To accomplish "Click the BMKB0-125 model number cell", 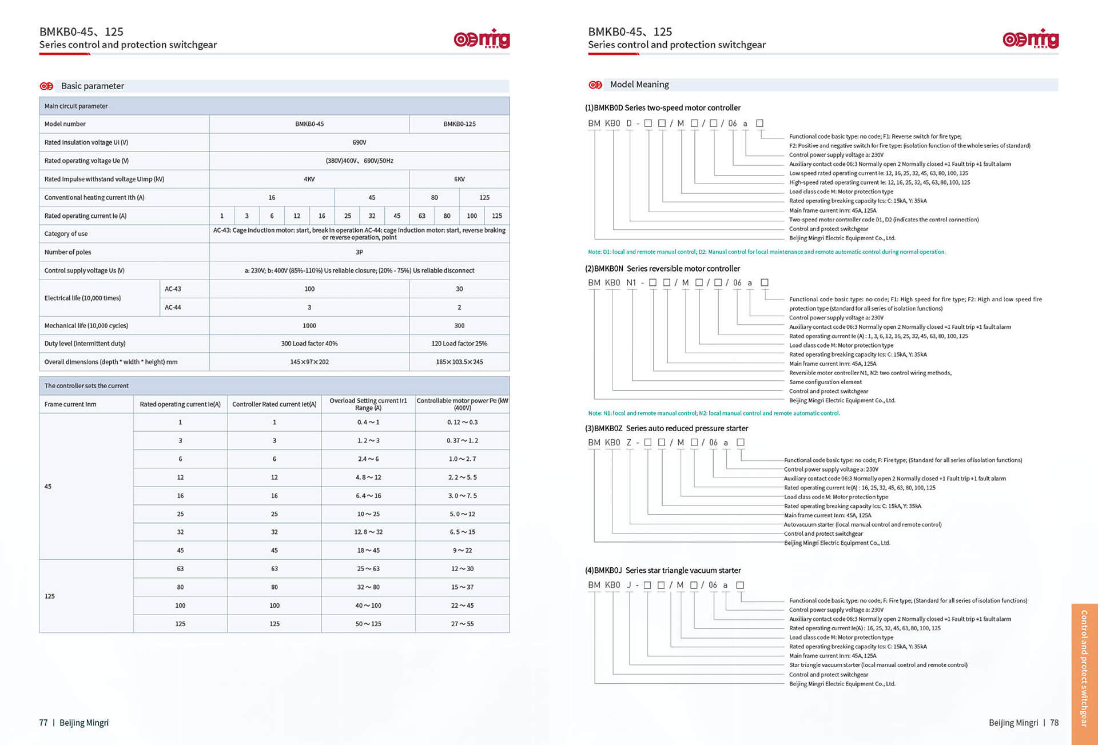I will pos(459,124).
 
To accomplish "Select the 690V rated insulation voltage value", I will pos(359,142).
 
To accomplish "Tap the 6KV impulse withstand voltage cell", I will pos(459,179).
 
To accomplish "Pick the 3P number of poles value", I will pos(359,252).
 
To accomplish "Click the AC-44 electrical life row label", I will pos(173,307).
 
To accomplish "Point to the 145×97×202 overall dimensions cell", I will pos(309,362).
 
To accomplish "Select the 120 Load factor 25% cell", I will pos(459,344).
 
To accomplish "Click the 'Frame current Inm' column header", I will pos(70,404).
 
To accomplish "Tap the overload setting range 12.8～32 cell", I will pos(368,532).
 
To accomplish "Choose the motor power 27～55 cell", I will pos(462,624).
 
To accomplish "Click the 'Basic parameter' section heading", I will pos(93,86).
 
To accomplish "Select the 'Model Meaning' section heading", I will pos(639,85).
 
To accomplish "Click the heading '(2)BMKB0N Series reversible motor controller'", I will pos(662,269).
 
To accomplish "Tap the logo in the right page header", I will pos(1031,39).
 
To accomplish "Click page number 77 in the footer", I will pos(43,723).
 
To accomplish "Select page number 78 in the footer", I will pos(1054,723).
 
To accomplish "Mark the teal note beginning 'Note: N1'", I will pos(714,413).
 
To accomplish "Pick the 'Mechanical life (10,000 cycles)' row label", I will pos(86,326).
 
